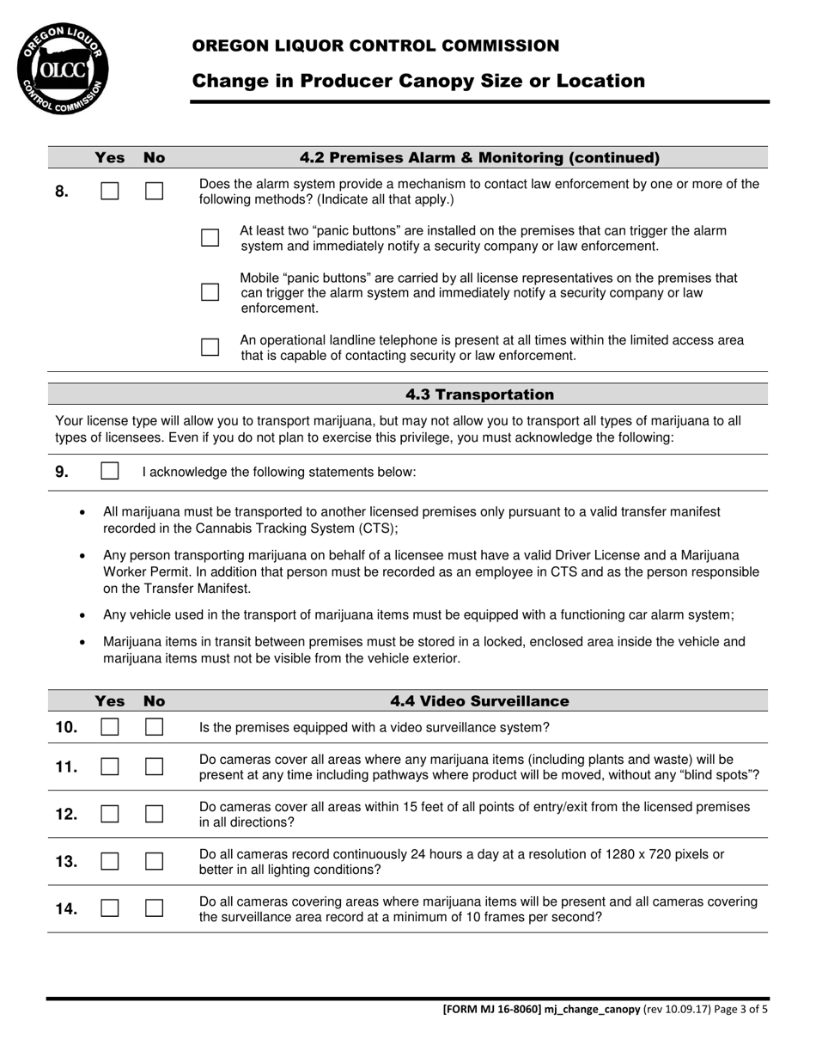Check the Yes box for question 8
[x=109, y=191]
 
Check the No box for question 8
[x=154, y=191]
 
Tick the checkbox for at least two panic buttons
[x=210, y=238]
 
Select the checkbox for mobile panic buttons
[x=210, y=292]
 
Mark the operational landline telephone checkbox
[x=210, y=347]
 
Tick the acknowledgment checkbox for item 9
[x=110, y=471]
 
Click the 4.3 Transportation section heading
[x=479, y=394]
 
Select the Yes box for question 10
[x=109, y=727]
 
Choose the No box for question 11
[x=154, y=767]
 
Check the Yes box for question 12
[x=109, y=814]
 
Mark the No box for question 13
[x=154, y=861]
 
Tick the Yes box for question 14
[x=109, y=908]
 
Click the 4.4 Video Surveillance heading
[x=479, y=701]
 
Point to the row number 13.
[x=66, y=862]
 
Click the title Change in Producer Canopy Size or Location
[x=418, y=81]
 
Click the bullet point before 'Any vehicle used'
[x=82, y=615]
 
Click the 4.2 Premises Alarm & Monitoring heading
[x=479, y=157]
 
